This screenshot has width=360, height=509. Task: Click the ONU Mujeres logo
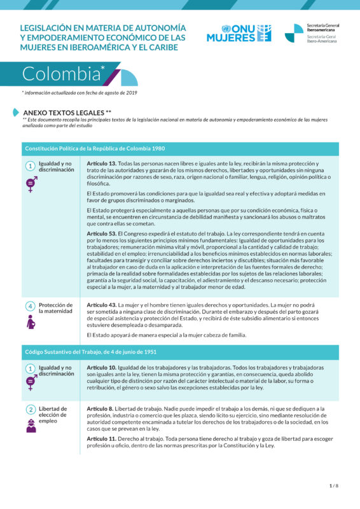(239, 33)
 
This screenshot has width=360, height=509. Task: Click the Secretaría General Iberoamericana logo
(312, 33)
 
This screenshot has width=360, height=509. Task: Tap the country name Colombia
(61, 74)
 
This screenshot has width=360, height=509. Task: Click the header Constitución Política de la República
(95, 148)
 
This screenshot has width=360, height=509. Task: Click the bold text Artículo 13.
(101, 164)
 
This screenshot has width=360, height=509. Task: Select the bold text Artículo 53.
(101, 234)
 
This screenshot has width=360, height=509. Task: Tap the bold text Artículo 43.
(101, 305)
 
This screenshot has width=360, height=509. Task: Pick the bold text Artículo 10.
(101, 368)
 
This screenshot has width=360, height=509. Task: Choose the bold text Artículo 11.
(101, 438)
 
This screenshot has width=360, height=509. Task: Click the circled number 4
(30, 306)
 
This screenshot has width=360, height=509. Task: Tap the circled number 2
(30, 410)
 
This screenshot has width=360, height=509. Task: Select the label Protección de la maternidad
(56, 309)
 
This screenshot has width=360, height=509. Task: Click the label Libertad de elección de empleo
(53, 415)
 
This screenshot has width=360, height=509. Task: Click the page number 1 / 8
(333, 486)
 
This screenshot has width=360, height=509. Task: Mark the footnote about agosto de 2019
(80, 93)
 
